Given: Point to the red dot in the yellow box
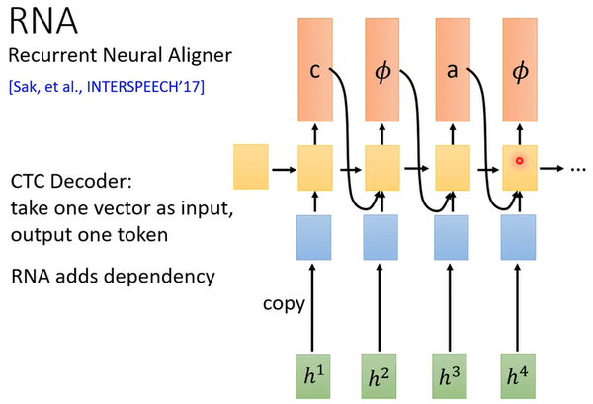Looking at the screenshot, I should [518, 159].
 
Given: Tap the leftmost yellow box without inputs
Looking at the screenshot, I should [251, 166].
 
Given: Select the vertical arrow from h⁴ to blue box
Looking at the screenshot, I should [518, 306].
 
